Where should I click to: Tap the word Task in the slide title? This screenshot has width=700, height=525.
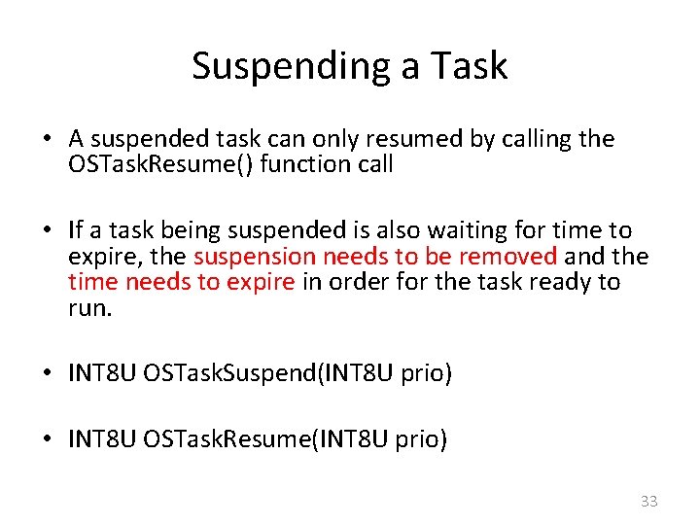[x=471, y=66]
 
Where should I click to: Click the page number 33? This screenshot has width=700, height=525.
[x=648, y=502]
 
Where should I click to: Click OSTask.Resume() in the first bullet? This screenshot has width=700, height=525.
[x=156, y=164]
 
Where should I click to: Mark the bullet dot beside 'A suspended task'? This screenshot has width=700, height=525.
[x=48, y=139]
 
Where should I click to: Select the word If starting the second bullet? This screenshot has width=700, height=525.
[x=76, y=230]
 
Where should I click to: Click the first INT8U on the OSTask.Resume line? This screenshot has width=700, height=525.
[x=102, y=440]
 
